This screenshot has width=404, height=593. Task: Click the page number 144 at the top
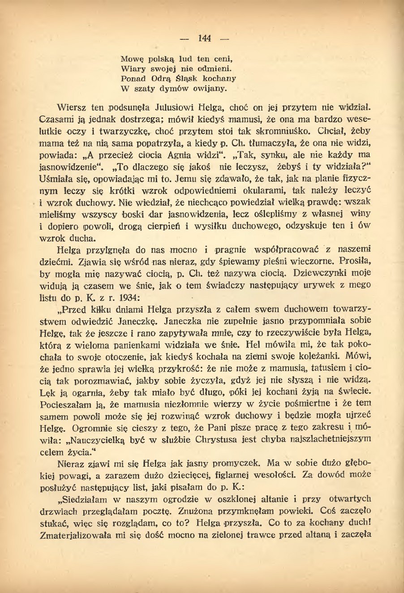tap(204, 38)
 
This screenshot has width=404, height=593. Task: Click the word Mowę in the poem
tap(131, 59)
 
